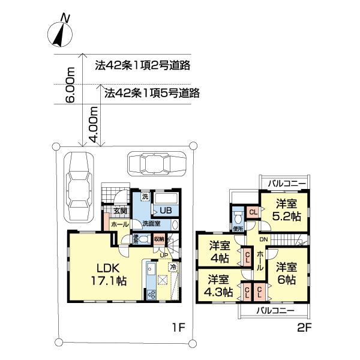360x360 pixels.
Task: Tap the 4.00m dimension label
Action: click(x=94, y=124)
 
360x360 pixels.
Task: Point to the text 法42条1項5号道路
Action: click(x=152, y=93)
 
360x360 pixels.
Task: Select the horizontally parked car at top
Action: click(x=156, y=162)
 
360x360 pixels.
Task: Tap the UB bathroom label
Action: click(x=164, y=211)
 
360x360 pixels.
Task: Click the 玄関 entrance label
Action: click(x=120, y=211)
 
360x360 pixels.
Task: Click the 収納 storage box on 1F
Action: click(x=158, y=239)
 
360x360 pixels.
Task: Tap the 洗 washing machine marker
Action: click(x=145, y=197)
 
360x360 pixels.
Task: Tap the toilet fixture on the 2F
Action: click(x=238, y=215)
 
